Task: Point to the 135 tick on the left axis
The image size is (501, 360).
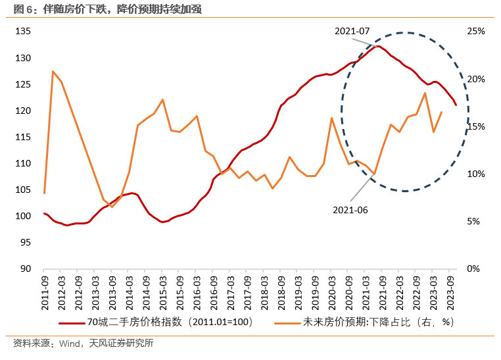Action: [23, 32]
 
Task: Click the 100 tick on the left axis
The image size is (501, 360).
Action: [23, 216]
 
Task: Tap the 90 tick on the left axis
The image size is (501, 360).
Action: [25, 269]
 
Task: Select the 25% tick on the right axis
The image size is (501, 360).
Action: [476, 32]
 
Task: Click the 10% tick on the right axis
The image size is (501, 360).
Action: [476, 174]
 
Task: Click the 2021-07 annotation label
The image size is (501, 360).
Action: [352, 31]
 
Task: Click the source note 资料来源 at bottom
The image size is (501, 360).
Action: [83, 344]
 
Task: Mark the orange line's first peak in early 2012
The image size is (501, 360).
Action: [53, 71]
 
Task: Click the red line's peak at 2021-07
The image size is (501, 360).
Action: [377, 46]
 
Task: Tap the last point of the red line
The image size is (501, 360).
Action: [456, 105]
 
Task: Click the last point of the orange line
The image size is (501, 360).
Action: [441, 112]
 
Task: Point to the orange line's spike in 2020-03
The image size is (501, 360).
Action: [331, 118]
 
